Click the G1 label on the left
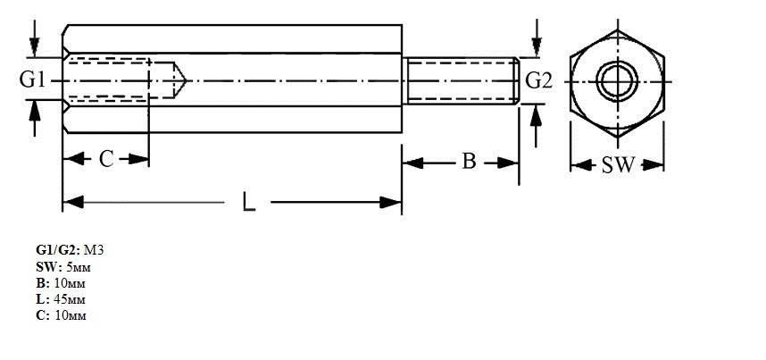pyautogui.click(x=32, y=80)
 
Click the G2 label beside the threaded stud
pyautogui.click(x=539, y=80)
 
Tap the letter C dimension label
pyautogui.click(x=106, y=159)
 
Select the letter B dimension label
pyautogui.click(x=469, y=161)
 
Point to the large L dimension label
pyautogui.click(x=249, y=202)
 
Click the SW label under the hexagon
pyautogui.click(x=618, y=165)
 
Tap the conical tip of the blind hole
pyautogui.click(x=187, y=80)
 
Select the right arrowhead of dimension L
pyautogui.click(x=391, y=202)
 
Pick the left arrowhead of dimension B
pyautogui.click(x=412, y=163)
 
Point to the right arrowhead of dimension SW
pyautogui.click(x=653, y=165)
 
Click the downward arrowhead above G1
pyautogui.click(x=34, y=46)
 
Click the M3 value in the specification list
pyautogui.click(x=94, y=250)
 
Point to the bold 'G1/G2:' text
pyautogui.click(x=56, y=250)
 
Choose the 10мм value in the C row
pyautogui.click(x=70, y=315)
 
